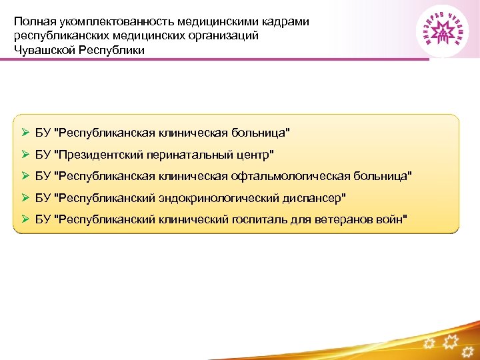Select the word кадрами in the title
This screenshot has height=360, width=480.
[286, 21]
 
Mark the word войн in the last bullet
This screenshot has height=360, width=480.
[391, 219]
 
